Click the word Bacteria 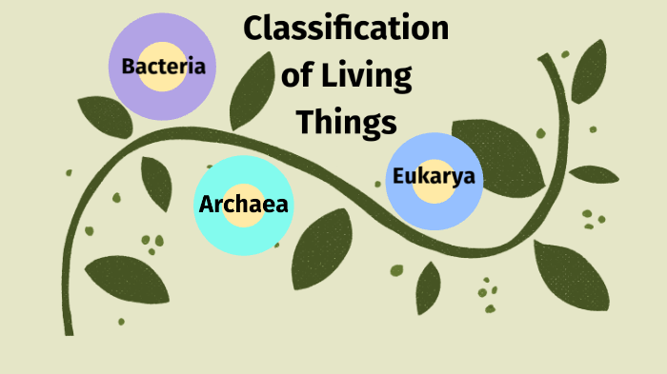163,66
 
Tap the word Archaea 243,204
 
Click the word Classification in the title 346,29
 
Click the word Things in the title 345,122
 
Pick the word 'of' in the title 301,75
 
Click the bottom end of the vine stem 69,328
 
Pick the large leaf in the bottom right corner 571,276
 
